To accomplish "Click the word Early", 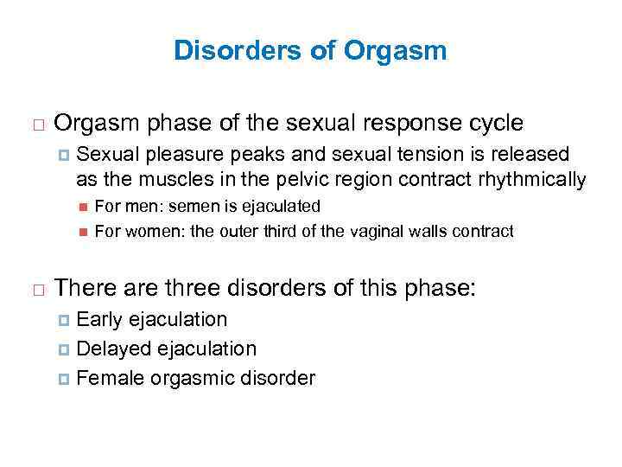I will tap(100, 320).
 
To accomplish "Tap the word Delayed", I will tap(110, 349).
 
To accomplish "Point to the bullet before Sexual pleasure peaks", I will tap(63, 156).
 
